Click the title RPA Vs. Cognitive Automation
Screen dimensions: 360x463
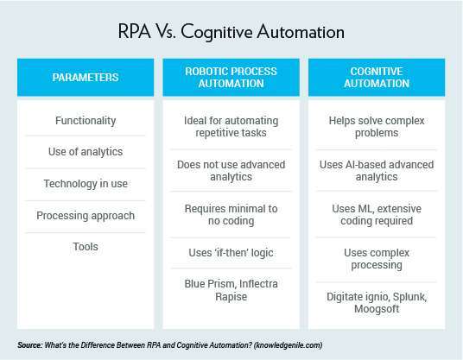point(231,33)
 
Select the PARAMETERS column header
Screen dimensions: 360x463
point(85,77)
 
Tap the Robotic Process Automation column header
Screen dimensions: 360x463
point(231,77)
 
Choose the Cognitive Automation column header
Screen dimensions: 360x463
point(378,77)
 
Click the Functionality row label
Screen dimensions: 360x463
point(86,120)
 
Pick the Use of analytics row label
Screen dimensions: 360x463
point(86,152)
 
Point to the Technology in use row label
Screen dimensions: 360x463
point(86,184)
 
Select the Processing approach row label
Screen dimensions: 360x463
point(86,215)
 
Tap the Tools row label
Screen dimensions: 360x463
point(86,247)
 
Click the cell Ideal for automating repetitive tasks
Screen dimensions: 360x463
point(231,126)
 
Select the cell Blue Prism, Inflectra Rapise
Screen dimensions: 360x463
point(231,290)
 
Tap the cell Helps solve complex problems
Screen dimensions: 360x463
point(378,126)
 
